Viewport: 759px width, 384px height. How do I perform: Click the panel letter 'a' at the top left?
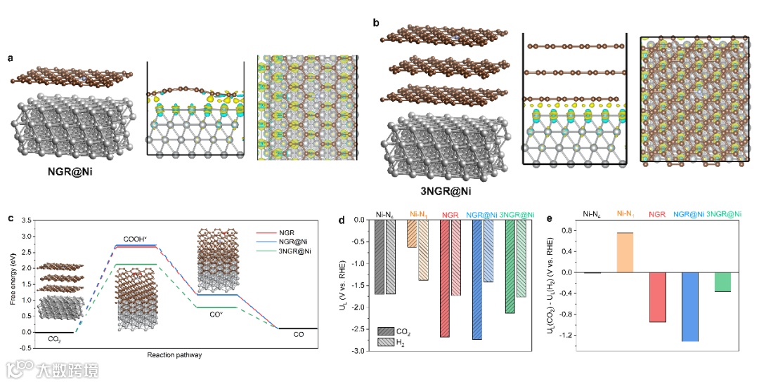coord(10,58)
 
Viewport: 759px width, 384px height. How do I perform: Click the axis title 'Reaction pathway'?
coord(174,355)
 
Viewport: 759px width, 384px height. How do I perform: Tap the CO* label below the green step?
coord(216,315)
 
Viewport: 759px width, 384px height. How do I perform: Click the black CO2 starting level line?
coord(53,332)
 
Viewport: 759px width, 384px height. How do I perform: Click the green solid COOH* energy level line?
coord(136,265)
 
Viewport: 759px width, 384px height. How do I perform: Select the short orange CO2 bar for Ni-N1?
coord(412,233)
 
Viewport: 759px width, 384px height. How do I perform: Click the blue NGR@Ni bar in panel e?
coord(691,307)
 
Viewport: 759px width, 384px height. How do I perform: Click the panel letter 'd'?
coord(342,220)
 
